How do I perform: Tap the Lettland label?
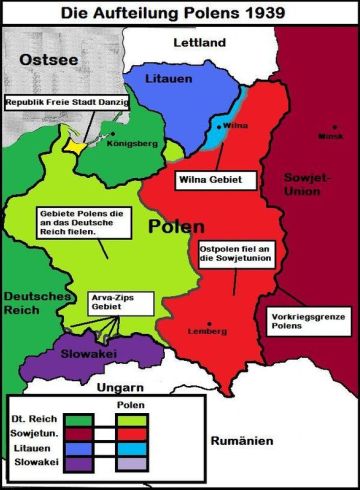tap(200, 42)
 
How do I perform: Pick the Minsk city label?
tap(329, 136)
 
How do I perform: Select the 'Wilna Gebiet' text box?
tap(207, 180)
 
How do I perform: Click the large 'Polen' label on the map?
tap(177, 226)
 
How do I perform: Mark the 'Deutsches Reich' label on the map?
tap(32, 306)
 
